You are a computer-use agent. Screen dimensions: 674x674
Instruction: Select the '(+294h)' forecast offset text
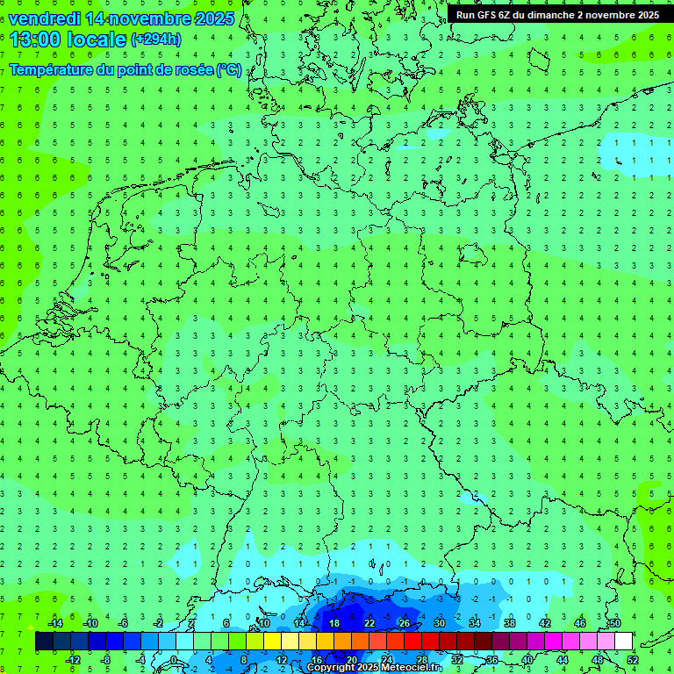point(156,39)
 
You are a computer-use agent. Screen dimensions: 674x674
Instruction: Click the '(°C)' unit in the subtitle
point(229,70)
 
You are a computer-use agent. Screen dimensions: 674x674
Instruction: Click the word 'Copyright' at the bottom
point(331,668)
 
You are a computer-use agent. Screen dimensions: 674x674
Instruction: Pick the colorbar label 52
point(634,660)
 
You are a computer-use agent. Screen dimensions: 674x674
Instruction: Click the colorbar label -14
point(54,622)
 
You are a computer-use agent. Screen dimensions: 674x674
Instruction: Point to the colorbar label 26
point(405,622)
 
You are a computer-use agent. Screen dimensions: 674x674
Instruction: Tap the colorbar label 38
point(510,622)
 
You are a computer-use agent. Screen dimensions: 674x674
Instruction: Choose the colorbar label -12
point(72,660)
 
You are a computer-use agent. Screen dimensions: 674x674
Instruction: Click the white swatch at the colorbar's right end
point(623,642)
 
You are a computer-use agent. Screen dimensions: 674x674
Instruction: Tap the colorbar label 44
point(563,660)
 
